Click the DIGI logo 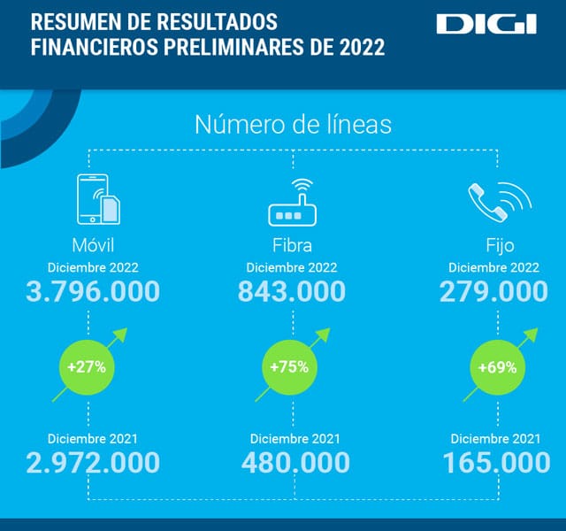pyautogui.click(x=486, y=24)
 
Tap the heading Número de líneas pyautogui.click(x=293, y=125)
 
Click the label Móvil pyautogui.click(x=93, y=245)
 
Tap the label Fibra pyautogui.click(x=293, y=245)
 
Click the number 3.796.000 pyautogui.click(x=93, y=291)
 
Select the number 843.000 pyautogui.click(x=293, y=291)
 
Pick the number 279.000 pyautogui.click(x=493, y=291)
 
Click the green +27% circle pyautogui.click(x=87, y=366)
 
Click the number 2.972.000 pyautogui.click(x=93, y=462)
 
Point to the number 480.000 pyautogui.click(x=294, y=462)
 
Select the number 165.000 pyautogui.click(x=493, y=462)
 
